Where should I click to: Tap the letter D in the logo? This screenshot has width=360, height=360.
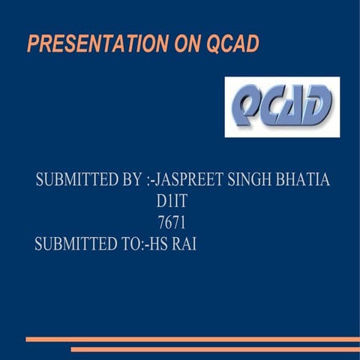(319, 106)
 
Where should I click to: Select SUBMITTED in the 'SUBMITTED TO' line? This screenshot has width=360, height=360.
(72, 244)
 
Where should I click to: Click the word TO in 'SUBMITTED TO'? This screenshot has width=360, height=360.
(122, 244)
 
